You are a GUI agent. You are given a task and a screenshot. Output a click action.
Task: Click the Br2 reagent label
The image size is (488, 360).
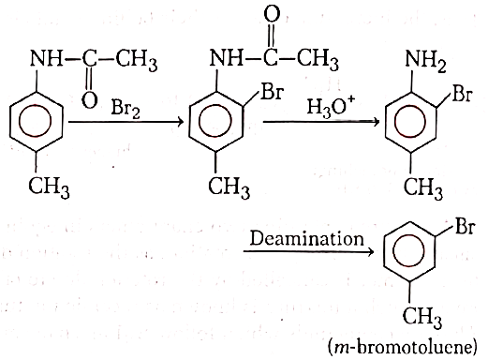126,110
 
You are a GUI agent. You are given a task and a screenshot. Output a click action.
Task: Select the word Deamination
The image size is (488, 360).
307,238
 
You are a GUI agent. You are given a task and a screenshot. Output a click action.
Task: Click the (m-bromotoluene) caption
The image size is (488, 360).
403,347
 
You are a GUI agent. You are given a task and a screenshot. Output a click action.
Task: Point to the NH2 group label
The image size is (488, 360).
425,61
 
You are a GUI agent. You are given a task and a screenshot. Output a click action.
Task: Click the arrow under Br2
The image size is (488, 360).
126,122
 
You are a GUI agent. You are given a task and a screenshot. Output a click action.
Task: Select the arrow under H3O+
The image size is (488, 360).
321,122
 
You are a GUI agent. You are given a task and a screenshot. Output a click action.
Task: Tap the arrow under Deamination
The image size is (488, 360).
308,251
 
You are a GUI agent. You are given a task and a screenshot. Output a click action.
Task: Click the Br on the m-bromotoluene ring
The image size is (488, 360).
466,226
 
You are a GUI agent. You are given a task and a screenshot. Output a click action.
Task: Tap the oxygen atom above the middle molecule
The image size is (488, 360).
272,14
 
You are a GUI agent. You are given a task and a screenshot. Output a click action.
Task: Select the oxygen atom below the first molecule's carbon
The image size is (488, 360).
90,100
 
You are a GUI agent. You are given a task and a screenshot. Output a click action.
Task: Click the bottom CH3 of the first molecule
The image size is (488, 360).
49,187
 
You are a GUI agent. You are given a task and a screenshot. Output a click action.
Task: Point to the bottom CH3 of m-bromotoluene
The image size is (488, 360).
422,317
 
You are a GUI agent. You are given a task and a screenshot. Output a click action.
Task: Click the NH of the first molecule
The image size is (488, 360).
46,58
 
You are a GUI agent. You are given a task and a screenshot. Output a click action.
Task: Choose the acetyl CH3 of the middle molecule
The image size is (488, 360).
318,59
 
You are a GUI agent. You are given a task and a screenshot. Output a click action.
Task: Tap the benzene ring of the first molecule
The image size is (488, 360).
37,121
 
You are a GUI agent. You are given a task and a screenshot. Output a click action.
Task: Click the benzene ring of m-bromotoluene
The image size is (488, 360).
409,251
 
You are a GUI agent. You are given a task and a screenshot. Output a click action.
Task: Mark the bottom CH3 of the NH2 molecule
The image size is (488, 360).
423,188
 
